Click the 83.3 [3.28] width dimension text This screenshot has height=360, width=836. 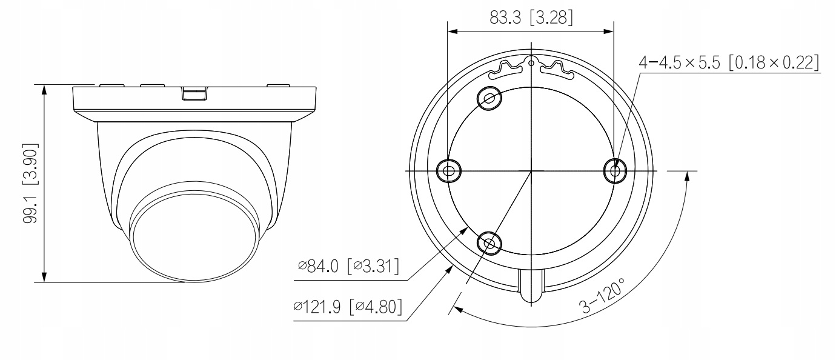point(531,18)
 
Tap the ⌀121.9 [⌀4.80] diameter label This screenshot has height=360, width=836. point(348,305)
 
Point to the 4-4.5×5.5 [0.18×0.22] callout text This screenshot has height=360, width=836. point(729,62)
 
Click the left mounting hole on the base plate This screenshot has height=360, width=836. point(448,171)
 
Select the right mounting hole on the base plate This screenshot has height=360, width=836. point(615,171)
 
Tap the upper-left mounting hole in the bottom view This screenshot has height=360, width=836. point(489,98)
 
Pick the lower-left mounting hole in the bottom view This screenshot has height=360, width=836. point(489,243)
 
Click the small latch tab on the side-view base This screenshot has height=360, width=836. point(194,93)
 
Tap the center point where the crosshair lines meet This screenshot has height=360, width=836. point(531,171)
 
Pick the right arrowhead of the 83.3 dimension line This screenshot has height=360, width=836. point(609,32)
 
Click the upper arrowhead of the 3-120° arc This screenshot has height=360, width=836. point(688,175)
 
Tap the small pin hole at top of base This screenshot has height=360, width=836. point(531,62)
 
